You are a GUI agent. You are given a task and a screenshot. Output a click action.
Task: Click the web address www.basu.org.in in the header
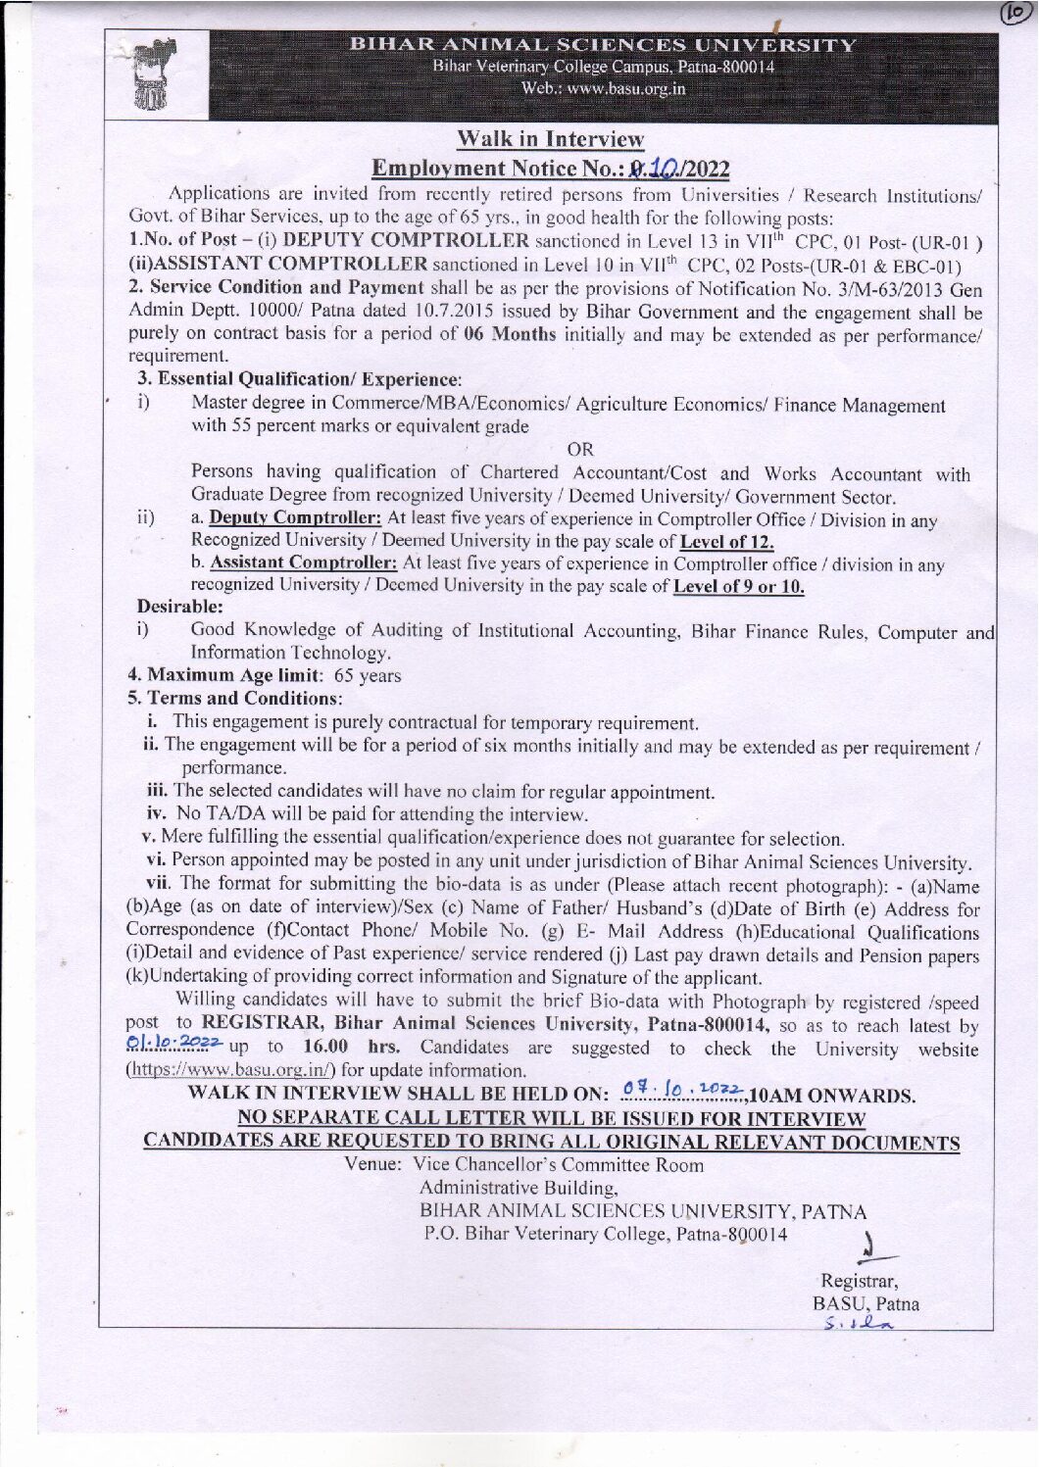tap(603, 88)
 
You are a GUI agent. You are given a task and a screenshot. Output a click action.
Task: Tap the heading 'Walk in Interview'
tap(550, 139)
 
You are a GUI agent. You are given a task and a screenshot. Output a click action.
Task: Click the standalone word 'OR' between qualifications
tap(580, 449)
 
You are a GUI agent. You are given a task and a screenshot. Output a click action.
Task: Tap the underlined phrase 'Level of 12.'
tap(726, 541)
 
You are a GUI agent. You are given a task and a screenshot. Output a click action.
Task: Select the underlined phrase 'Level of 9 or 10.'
tap(739, 586)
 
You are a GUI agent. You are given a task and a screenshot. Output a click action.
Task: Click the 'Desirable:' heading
tap(180, 607)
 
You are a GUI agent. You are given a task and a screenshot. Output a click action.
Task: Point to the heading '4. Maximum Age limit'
tap(225, 675)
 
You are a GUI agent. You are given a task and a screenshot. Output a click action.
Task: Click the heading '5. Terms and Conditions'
tap(235, 698)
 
